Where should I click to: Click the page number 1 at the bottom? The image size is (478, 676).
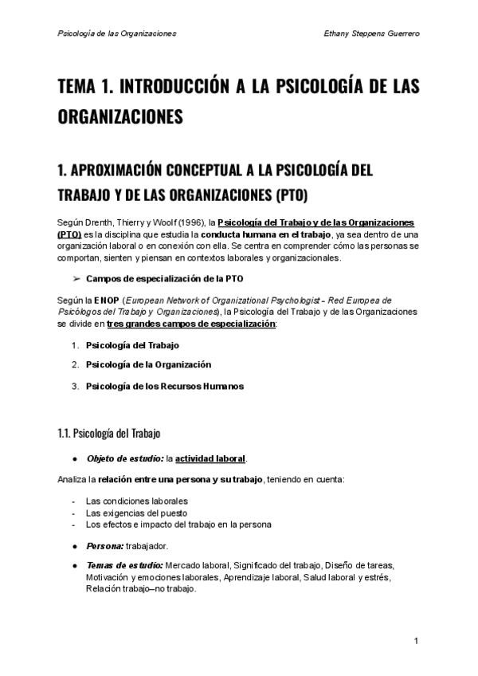[416, 641]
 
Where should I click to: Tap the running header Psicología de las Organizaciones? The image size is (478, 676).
[117, 33]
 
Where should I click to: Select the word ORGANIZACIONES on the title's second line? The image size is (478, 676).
[120, 116]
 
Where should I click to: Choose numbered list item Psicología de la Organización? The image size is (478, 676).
[148, 364]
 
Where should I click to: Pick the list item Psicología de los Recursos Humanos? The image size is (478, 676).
[164, 387]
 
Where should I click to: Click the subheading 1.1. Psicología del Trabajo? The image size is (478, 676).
[109, 434]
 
